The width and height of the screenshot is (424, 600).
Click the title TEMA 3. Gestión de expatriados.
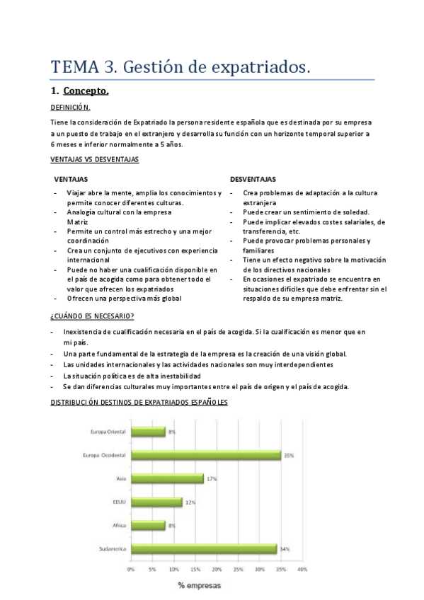pyautogui.click(x=181, y=67)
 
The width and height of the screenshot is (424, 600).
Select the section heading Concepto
pyautogui.click(x=86, y=91)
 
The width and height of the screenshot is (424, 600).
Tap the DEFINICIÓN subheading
pyautogui.click(x=71, y=108)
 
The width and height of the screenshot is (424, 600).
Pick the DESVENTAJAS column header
pyautogui.click(x=253, y=179)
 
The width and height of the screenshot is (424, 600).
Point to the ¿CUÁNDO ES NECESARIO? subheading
pyautogui.click(x=93, y=316)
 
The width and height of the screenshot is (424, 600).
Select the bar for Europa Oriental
pyautogui.click(x=148, y=432)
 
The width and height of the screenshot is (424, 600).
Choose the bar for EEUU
pyautogui.click(x=156, y=502)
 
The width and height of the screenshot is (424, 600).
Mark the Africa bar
pyautogui.click(x=148, y=525)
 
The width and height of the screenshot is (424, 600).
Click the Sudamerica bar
pyautogui.click(x=204, y=548)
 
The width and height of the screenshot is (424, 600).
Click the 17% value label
pyautogui.click(x=211, y=479)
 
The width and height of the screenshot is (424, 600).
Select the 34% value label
pyautogui.click(x=284, y=549)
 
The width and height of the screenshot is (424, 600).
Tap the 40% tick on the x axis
pyautogui.click(x=302, y=568)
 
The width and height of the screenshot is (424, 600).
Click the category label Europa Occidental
pyautogui.click(x=104, y=455)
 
